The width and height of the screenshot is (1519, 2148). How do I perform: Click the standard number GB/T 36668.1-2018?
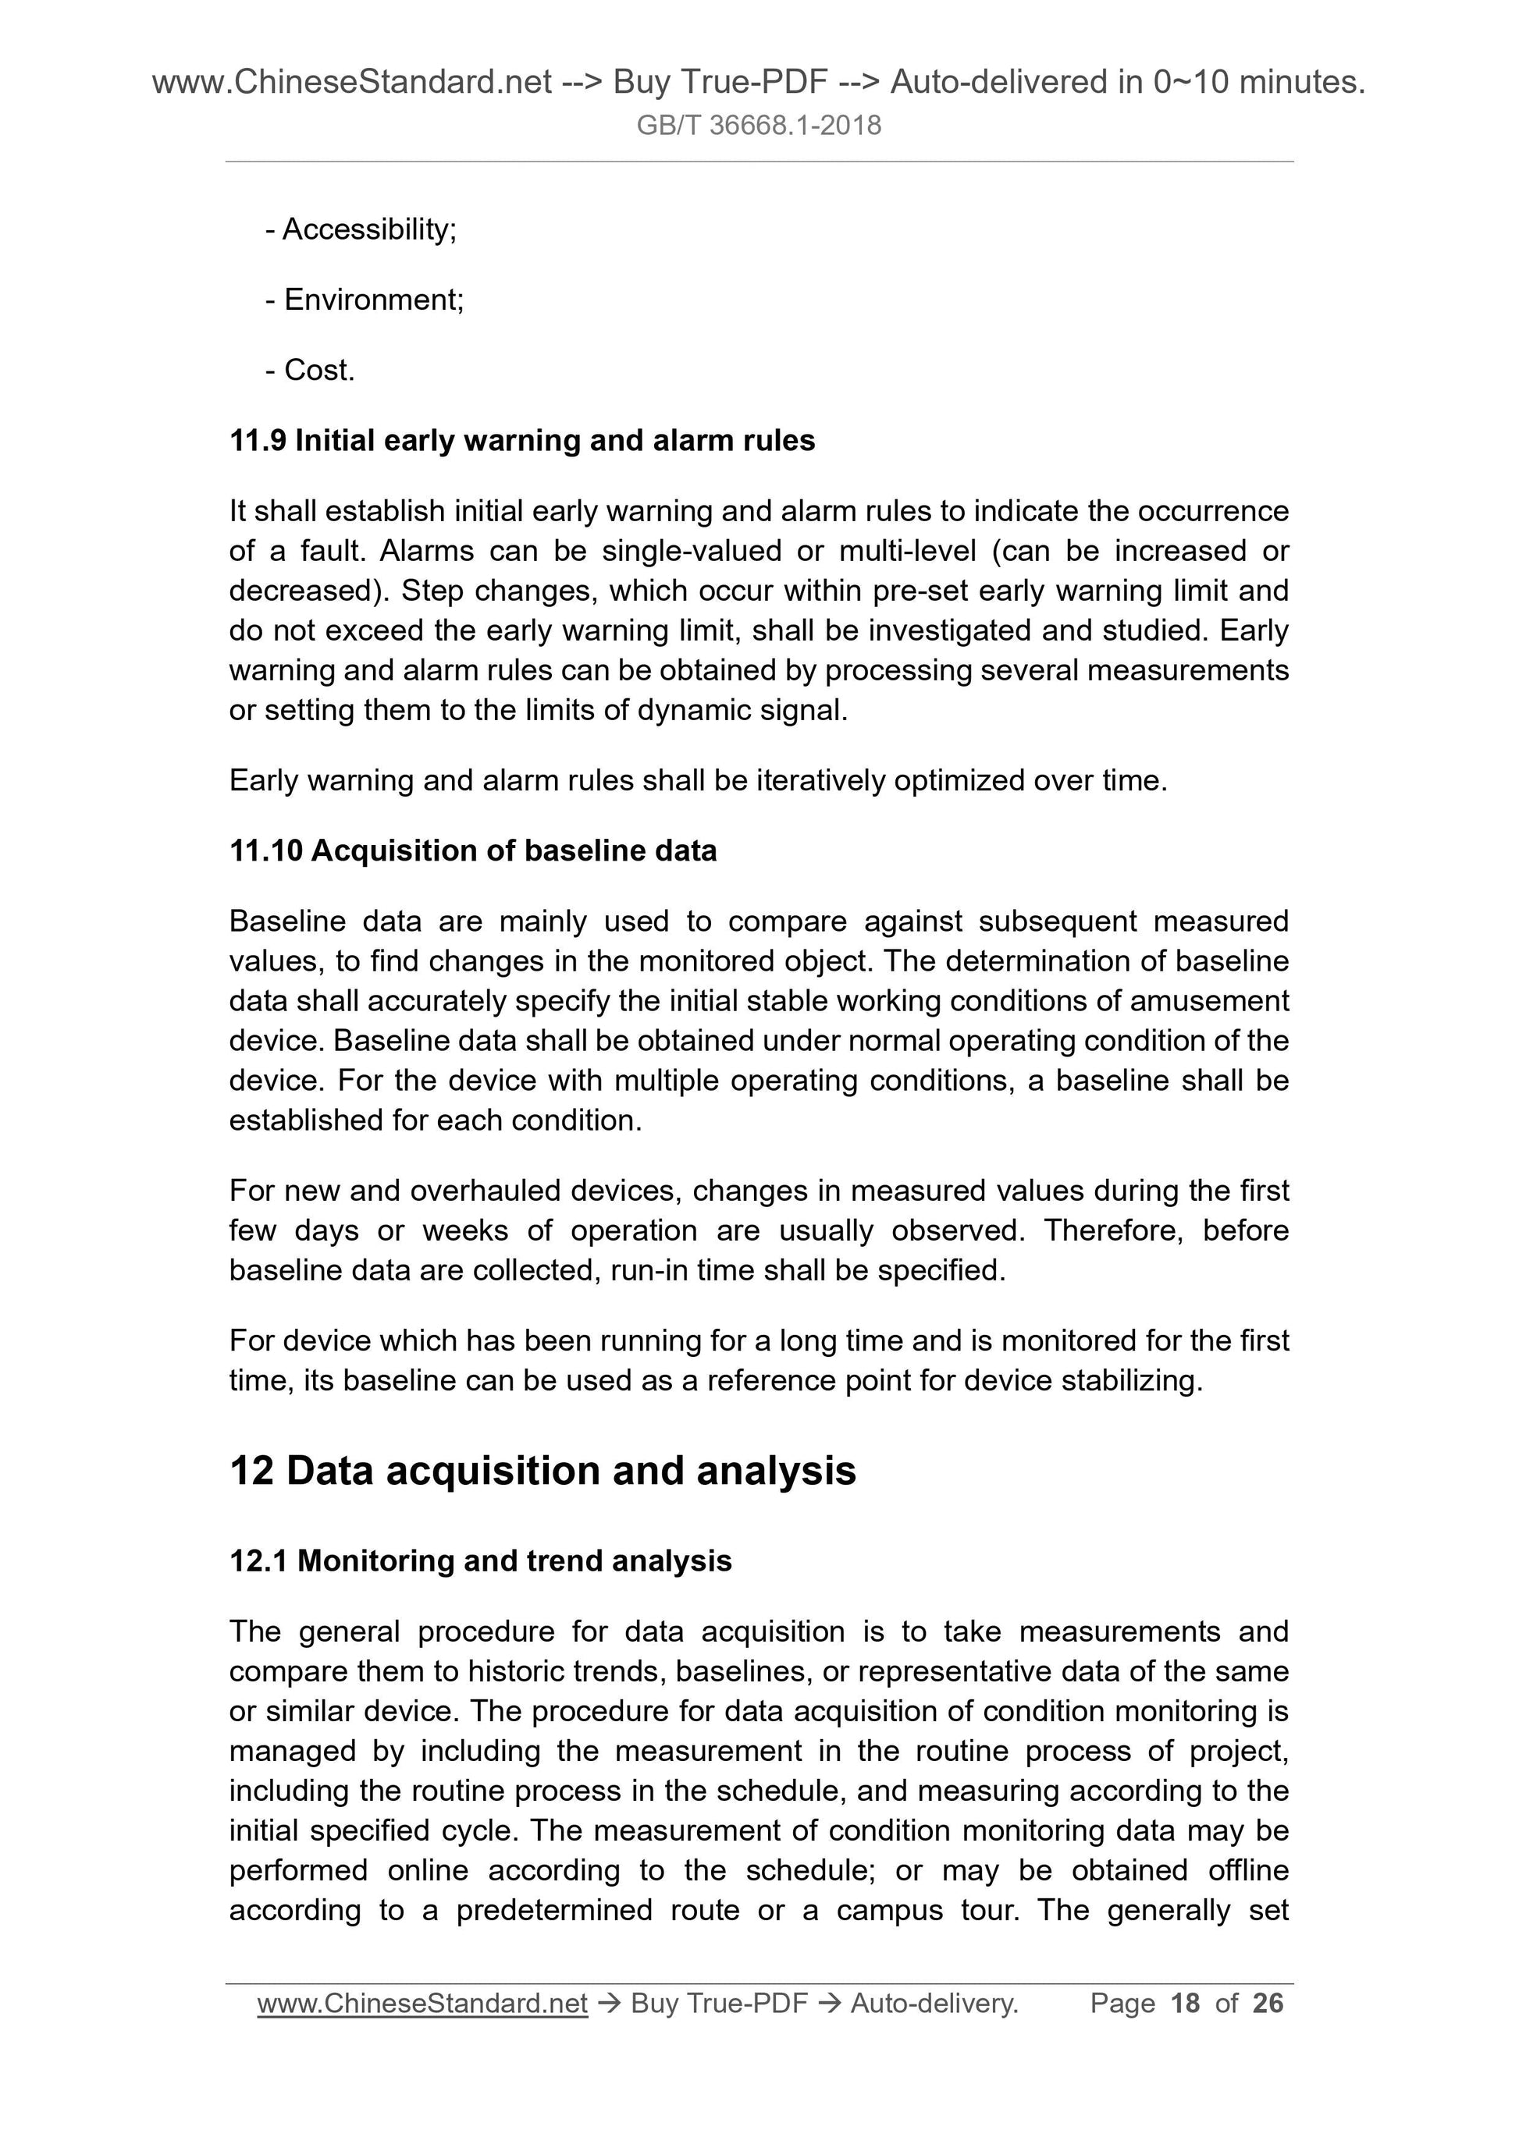click(x=758, y=126)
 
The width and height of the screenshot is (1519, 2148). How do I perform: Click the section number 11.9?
click(x=258, y=441)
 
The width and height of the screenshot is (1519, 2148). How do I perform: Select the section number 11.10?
click(x=266, y=850)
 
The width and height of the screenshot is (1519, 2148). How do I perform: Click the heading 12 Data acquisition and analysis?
click(x=542, y=1471)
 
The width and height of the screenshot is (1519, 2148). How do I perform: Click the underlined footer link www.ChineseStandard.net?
click(x=422, y=2003)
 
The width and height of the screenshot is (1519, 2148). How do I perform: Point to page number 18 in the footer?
click(x=1185, y=2003)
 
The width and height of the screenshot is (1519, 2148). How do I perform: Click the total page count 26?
click(x=1268, y=2003)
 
